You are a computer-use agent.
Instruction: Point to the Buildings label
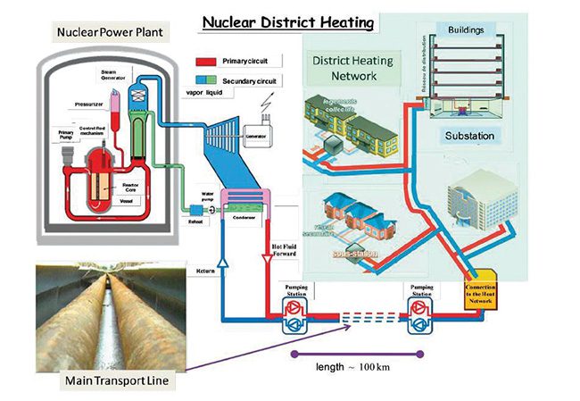pos(465,29)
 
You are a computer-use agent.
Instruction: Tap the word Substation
pos(475,136)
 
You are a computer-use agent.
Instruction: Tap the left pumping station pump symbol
pos(294,314)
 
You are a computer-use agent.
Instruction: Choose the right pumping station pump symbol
pos(419,314)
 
